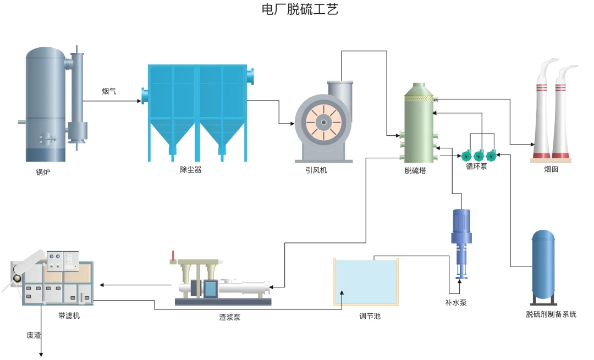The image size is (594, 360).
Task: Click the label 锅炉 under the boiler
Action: (43, 172)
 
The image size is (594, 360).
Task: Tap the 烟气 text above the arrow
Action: (109, 91)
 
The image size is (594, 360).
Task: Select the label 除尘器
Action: (191, 170)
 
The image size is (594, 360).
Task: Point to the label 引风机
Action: (316, 170)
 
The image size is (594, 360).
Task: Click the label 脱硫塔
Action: (415, 170)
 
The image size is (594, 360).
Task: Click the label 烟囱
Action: (551, 170)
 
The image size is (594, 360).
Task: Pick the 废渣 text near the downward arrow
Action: (34, 335)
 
